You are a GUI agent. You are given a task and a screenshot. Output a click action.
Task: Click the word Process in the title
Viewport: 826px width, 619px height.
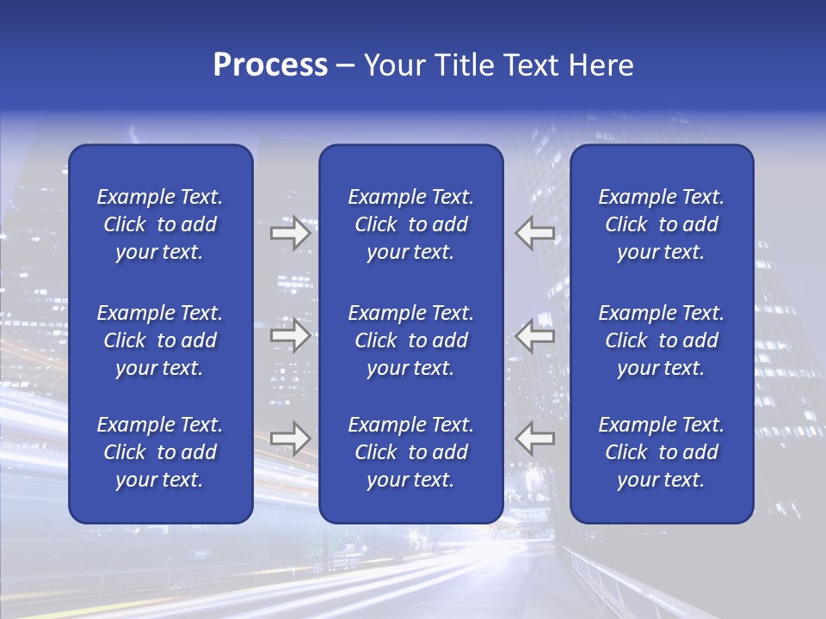click(270, 65)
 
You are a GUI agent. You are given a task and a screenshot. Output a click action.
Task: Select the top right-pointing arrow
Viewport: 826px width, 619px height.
click(290, 233)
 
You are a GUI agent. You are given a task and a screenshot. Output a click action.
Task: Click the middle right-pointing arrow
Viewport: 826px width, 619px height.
click(290, 335)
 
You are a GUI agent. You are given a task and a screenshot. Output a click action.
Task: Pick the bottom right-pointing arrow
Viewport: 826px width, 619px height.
click(290, 438)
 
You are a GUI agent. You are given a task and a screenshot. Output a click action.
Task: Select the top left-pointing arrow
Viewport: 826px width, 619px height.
click(535, 233)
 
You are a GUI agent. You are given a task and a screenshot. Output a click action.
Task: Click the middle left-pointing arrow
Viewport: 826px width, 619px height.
click(535, 335)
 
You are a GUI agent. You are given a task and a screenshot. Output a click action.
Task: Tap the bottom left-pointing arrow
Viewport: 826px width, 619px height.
click(535, 438)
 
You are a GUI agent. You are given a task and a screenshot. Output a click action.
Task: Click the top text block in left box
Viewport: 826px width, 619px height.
click(160, 224)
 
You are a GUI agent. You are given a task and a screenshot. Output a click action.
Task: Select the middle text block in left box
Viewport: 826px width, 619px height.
click(160, 340)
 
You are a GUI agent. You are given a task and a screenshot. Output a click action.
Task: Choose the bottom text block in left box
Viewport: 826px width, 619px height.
click(160, 452)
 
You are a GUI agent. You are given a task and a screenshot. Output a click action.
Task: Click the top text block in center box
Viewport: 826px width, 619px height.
click(410, 224)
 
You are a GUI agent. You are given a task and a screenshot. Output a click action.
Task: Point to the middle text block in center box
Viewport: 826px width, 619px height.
click(410, 340)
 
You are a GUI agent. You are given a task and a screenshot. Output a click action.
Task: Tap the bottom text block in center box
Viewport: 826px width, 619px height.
click(410, 452)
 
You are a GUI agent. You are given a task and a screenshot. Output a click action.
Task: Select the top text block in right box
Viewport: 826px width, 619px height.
click(662, 224)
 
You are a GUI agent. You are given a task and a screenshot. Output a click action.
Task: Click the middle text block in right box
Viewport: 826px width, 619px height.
click(662, 340)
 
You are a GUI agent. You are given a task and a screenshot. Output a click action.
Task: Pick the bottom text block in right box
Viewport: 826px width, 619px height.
click(662, 452)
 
